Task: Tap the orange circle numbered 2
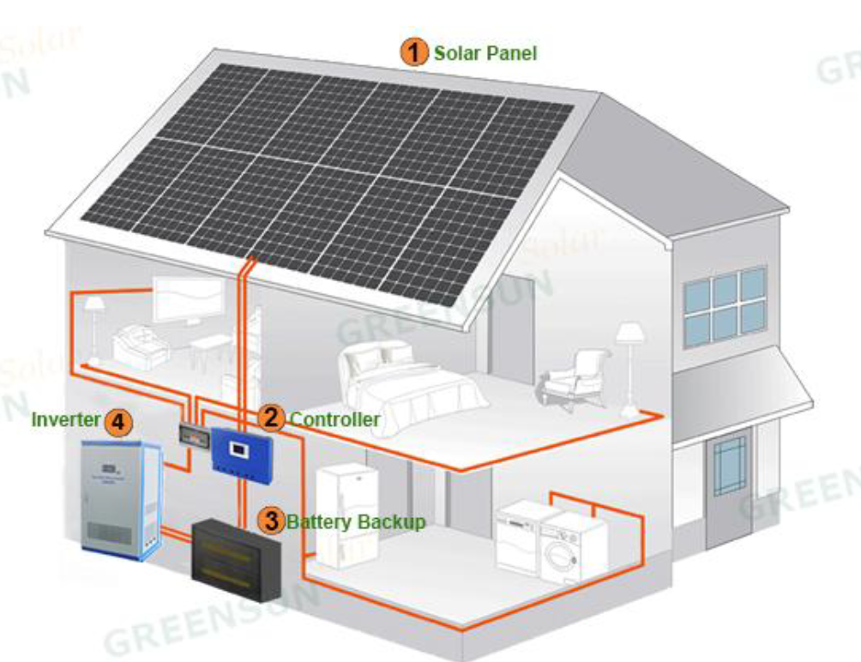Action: tap(272, 418)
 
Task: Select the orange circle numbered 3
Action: tap(272, 520)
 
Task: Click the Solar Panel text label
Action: tap(485, 53)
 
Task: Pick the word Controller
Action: tap(334, 419)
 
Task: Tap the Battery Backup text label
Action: tap(356, 521)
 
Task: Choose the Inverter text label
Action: tap(65, 420)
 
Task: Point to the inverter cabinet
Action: tap(120, 497)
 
